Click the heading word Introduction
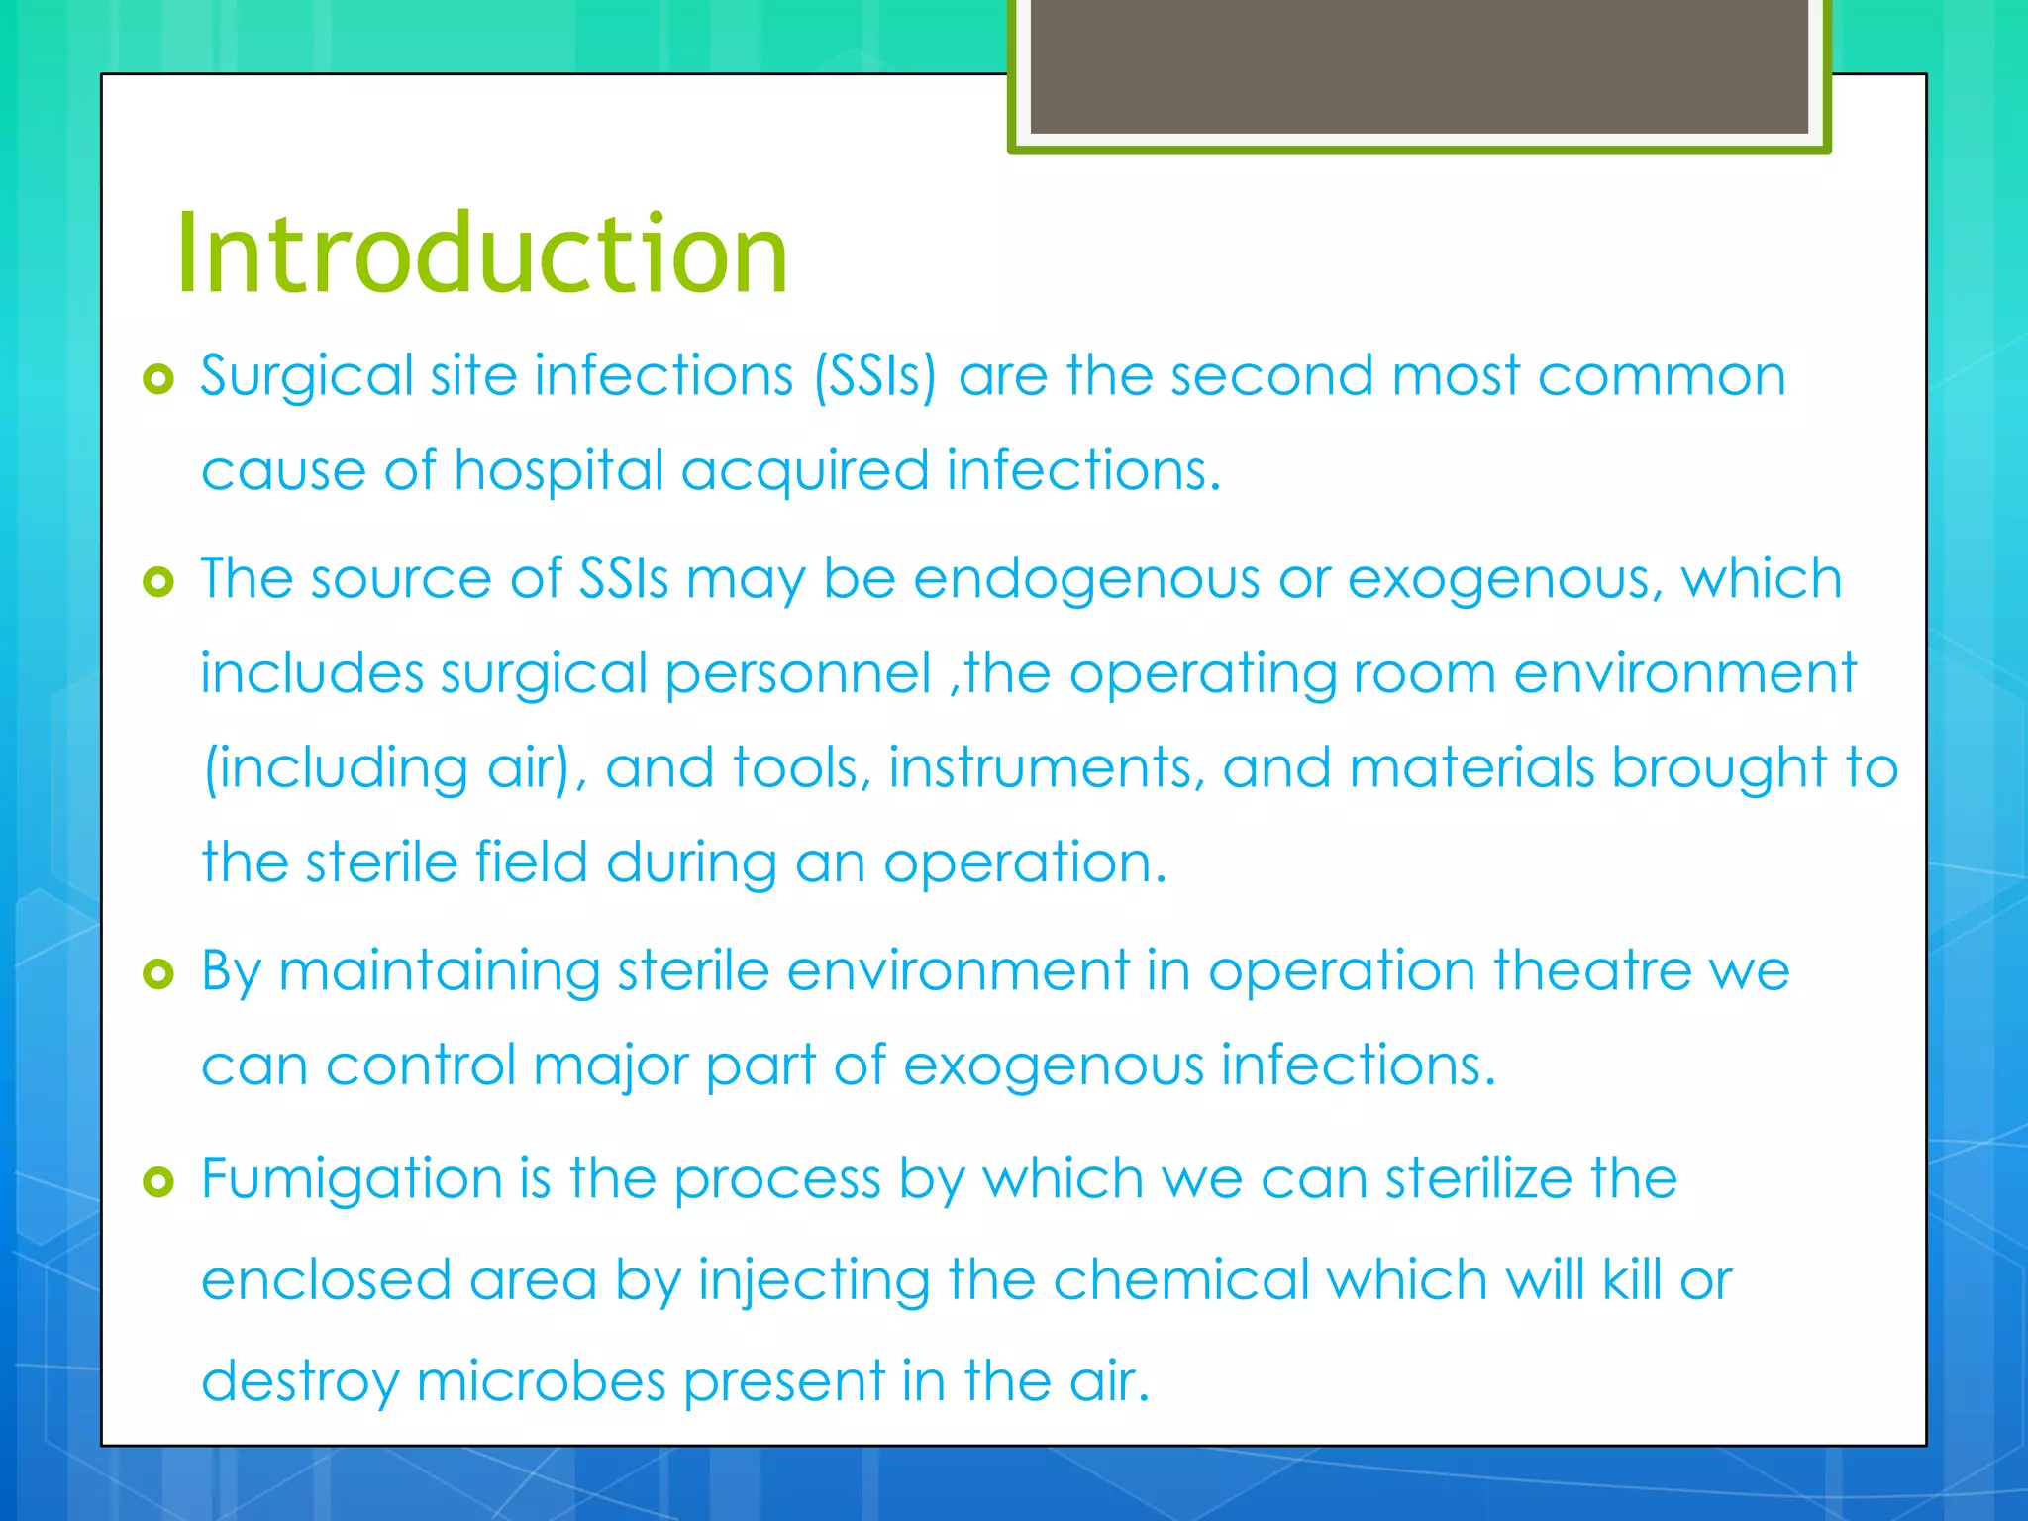482,254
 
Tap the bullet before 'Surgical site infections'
158,379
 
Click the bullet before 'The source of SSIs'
158,582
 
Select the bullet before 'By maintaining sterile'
158,974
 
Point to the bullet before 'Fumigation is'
158,1181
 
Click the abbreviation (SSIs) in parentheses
874,377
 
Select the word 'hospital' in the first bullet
558,469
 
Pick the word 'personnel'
798,674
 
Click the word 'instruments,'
1047,768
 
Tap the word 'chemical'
1181,1280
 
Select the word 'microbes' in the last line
541,1381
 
